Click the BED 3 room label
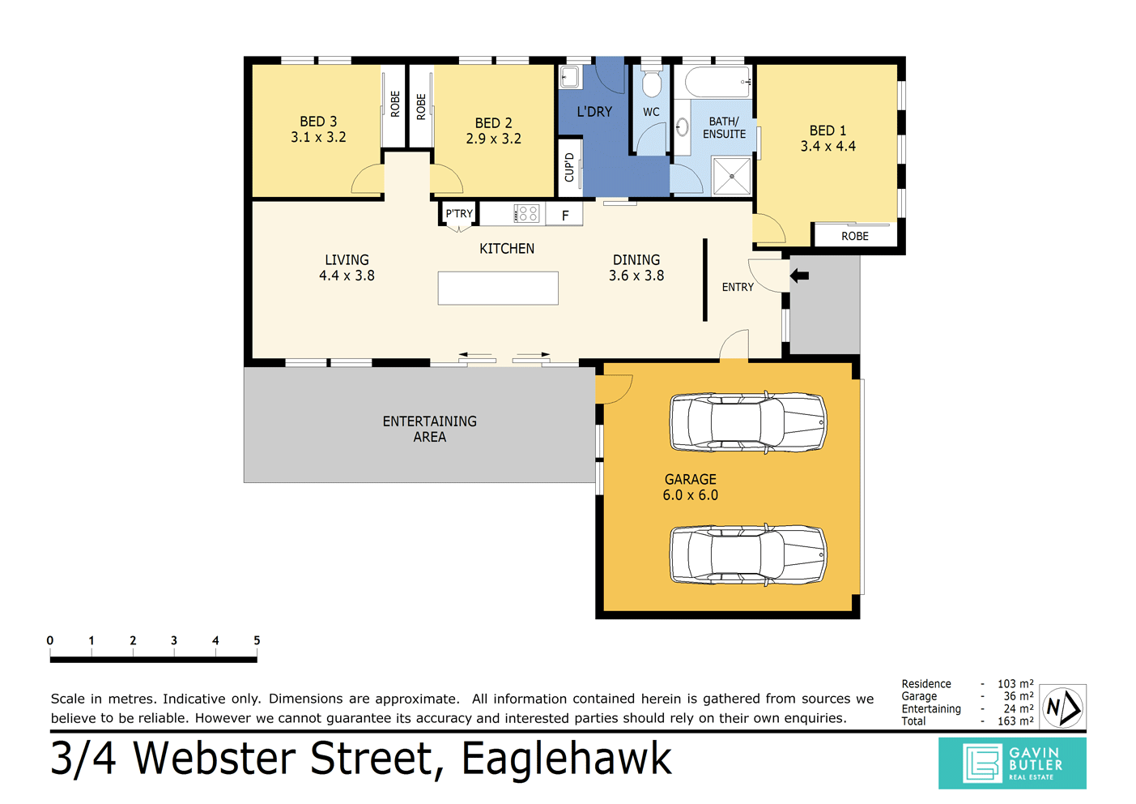318,122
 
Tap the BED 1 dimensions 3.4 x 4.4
828,147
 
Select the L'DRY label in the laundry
594,112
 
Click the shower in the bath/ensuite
732,176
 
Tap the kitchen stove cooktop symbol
527,214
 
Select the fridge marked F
565,216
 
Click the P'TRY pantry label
459,214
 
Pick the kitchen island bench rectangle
498,288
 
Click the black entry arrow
799,276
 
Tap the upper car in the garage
747,422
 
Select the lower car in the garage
747,554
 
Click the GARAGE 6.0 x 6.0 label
690,487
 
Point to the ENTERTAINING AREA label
429,429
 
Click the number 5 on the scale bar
257,640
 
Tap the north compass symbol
1062,708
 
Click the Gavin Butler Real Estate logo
1012,763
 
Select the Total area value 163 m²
1015,721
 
